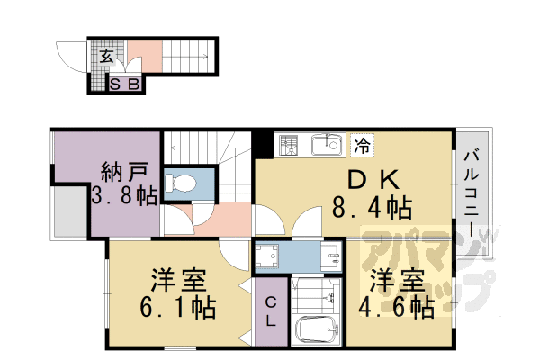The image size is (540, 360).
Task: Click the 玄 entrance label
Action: click(x=106, y=56)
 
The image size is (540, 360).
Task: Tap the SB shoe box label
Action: click(x=125, y=85)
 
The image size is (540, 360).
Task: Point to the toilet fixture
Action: click(x=185, y=183)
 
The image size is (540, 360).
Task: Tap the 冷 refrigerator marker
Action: click(x=361, y=144)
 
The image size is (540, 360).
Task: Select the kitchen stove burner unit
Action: click(x=290, y=145)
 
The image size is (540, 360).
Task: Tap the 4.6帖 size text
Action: click(x=397, y=306)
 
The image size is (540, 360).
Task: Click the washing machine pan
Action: click(x=270, y=257)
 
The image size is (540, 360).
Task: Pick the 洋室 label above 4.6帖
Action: click(x=395, y=277)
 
